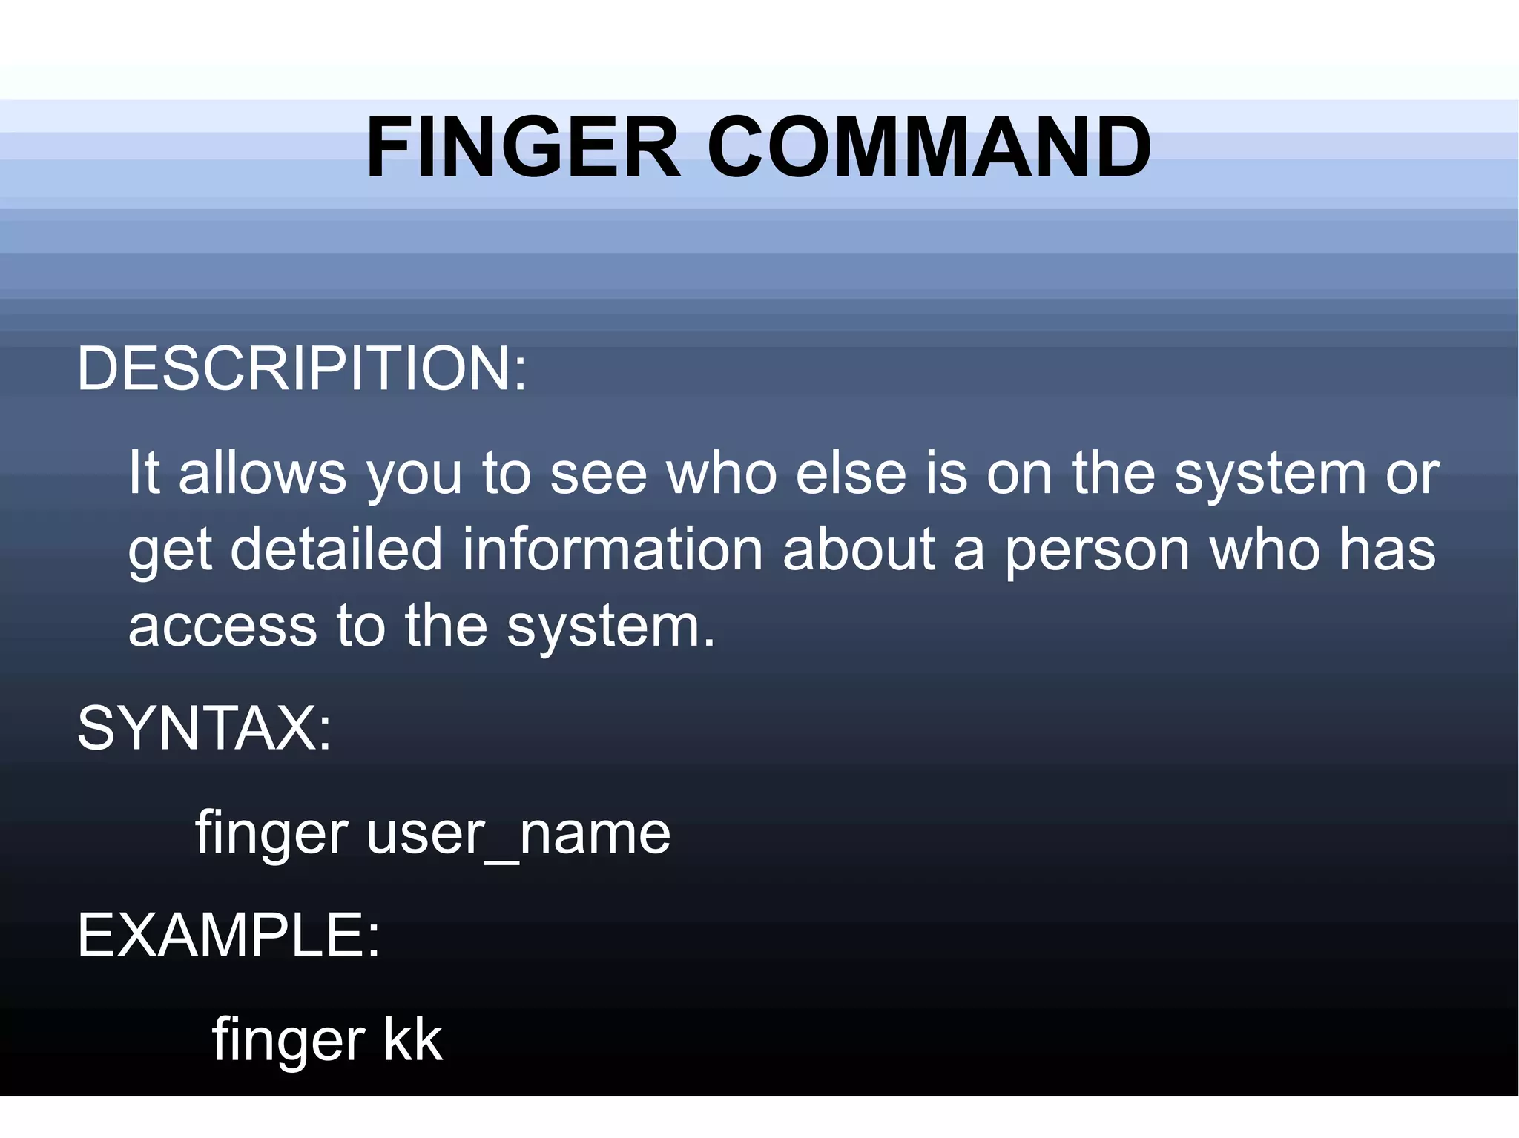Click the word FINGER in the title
pyautogui.click(x=523, y=148)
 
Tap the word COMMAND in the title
pyautogui.click(x=929, y=148)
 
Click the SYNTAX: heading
pyautogui.click(x=204, y=728)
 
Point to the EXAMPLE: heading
pyautogui.click(x=228, y=936)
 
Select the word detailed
pyautogui.click(x=337, y=549)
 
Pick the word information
pyautogui.click(x=613, y=549)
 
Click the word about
pyautogui.click(x=858, y=549)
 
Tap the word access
pyautogui.click(x=223, y=626)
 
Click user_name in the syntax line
pyautogui.click(x=518, y=833)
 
